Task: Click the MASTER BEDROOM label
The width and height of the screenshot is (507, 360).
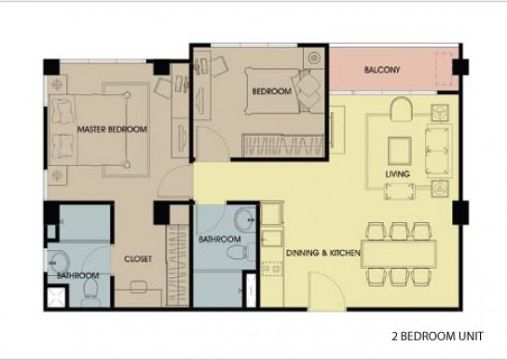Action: point(112,130)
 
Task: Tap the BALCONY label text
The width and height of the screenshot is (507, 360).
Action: point(382,70)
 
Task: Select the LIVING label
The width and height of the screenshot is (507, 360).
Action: point(397,174)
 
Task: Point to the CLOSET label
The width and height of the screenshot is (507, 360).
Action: point(138,258)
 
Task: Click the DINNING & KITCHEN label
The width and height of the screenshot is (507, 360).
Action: point(323,253)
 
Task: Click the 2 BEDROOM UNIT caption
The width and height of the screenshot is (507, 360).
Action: point(437,337)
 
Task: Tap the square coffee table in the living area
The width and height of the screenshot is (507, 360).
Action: point(400,151)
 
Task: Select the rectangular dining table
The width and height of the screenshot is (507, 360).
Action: point(398,254)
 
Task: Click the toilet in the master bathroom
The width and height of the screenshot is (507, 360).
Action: point(90,289)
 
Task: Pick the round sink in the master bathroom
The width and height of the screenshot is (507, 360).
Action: point(60,263)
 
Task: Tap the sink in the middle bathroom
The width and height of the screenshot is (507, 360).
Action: point(245,220)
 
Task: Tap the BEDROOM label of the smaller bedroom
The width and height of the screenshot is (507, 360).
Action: point(271,91)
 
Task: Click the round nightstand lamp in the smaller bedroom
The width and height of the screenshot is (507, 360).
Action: point(314,58)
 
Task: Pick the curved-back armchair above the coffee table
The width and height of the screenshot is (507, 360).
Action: point(402,109)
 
